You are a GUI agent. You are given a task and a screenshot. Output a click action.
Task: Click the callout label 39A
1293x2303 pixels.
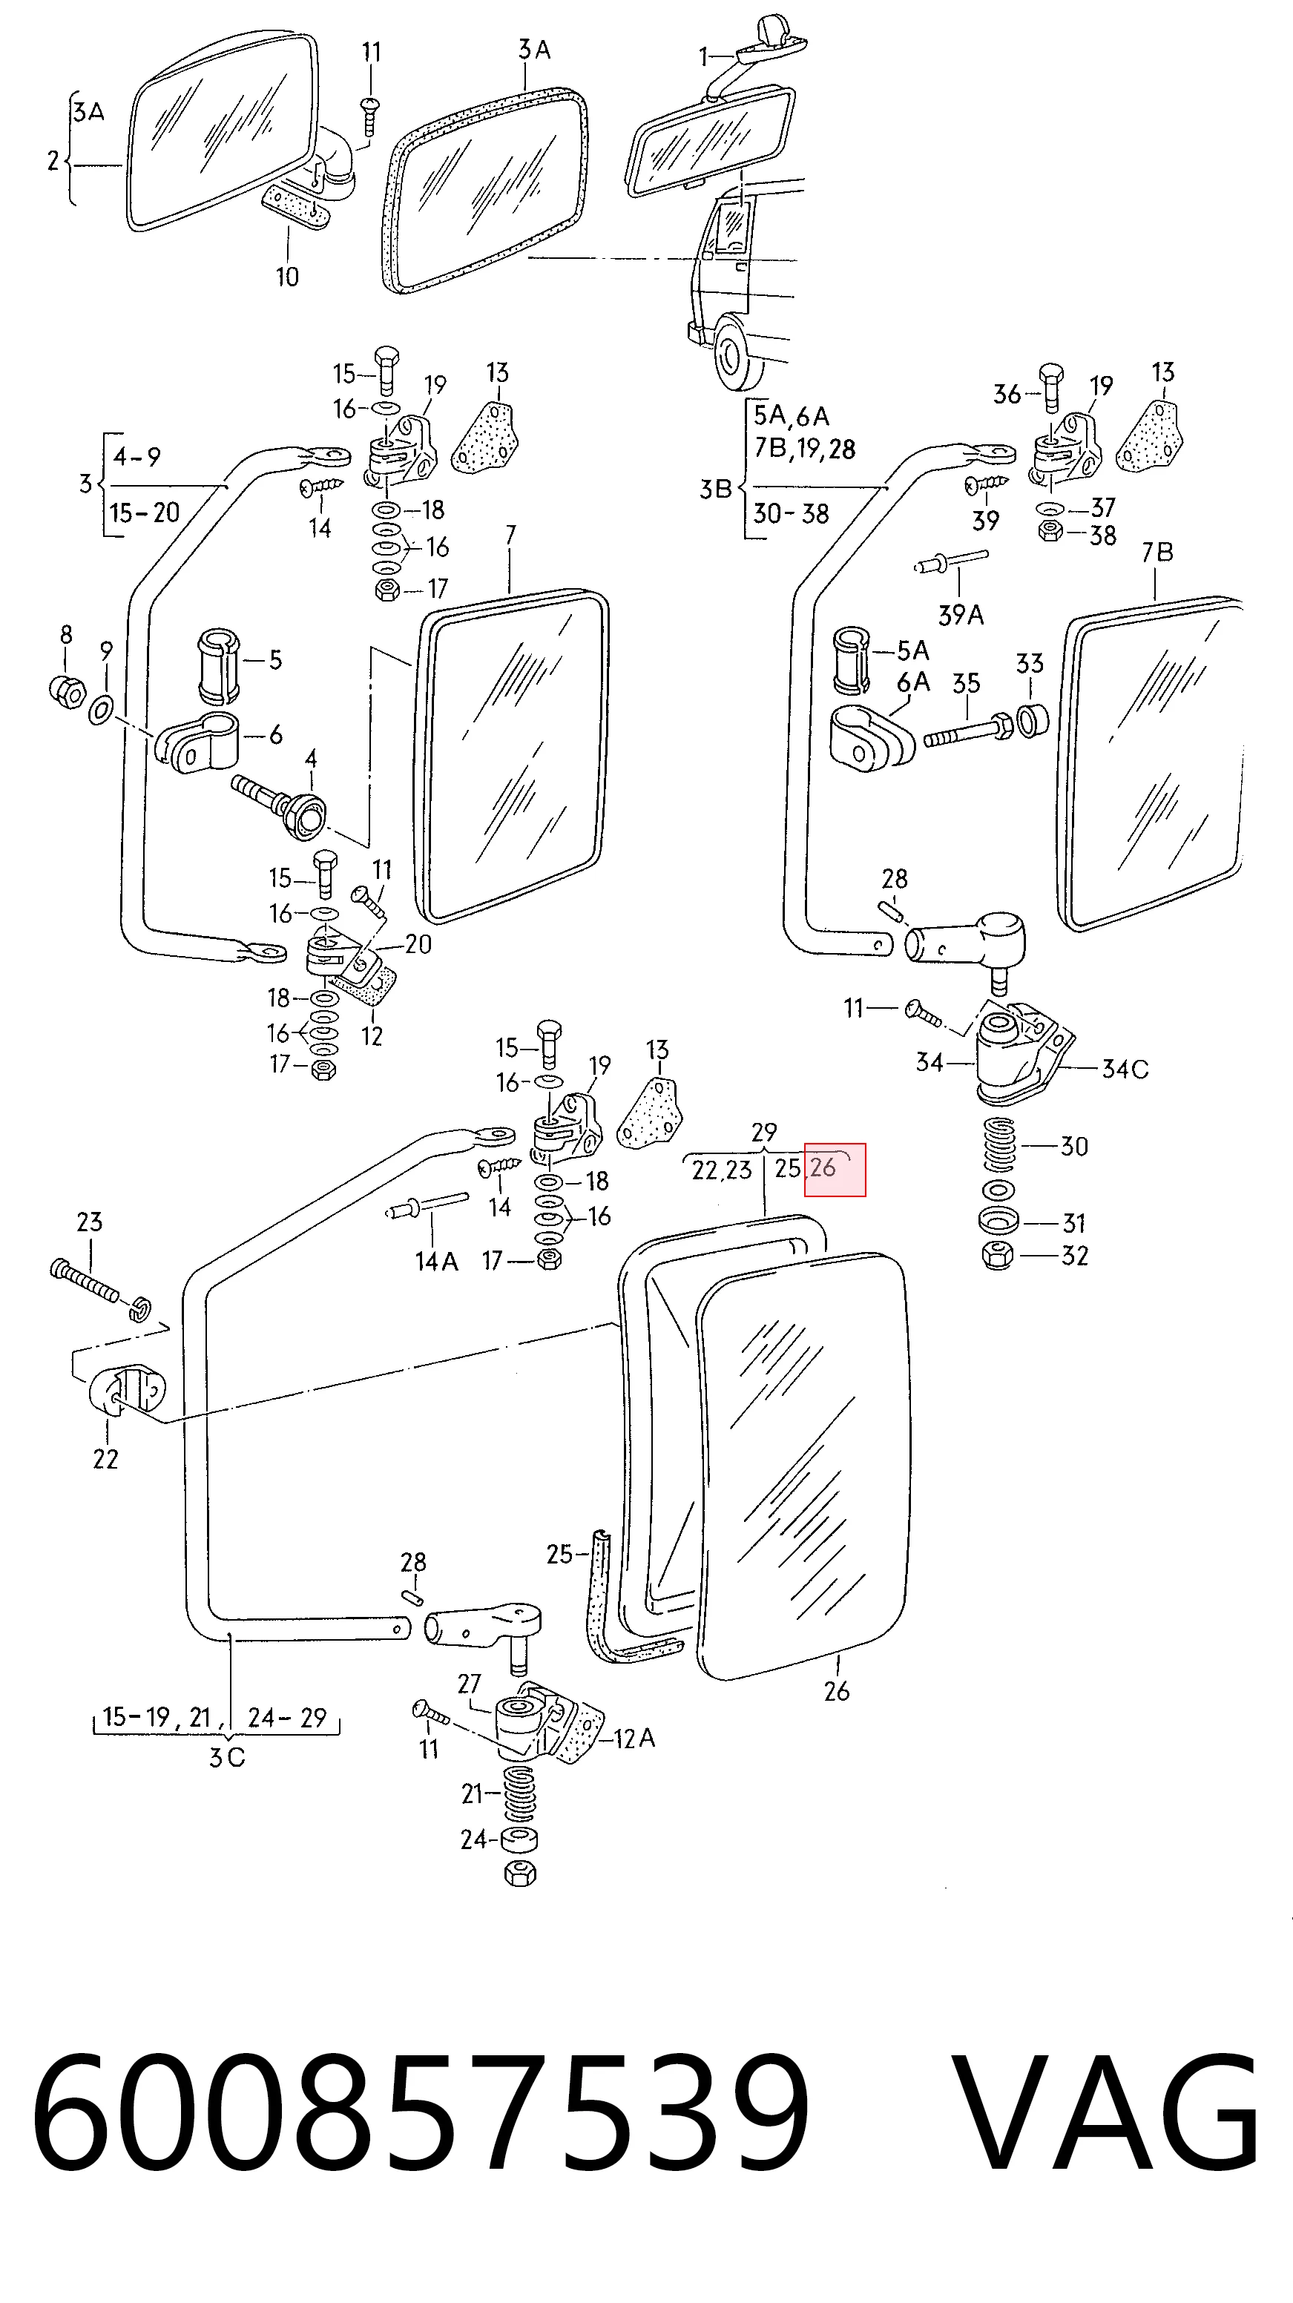tap(961, 615)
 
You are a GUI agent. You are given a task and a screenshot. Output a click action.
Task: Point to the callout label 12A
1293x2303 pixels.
tap(634, 1738)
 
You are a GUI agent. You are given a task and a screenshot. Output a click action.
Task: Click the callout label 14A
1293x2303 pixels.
tap(436, 1262)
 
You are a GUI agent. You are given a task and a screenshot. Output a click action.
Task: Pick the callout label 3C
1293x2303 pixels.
tap(226, 1758)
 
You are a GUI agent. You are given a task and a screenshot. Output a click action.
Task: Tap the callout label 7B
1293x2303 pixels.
tap(1157, 553)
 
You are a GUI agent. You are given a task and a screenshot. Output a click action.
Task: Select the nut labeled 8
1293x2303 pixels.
tap(67, 691)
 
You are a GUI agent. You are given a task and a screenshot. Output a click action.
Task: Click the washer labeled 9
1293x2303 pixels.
tap(100, 711)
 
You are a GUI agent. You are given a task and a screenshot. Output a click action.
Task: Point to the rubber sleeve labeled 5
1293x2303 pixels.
tap(218, 666)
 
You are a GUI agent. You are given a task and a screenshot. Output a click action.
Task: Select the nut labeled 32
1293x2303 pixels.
tap(998, 1255)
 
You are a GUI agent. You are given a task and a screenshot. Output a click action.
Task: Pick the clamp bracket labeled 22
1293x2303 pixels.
tap(127, 1391)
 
